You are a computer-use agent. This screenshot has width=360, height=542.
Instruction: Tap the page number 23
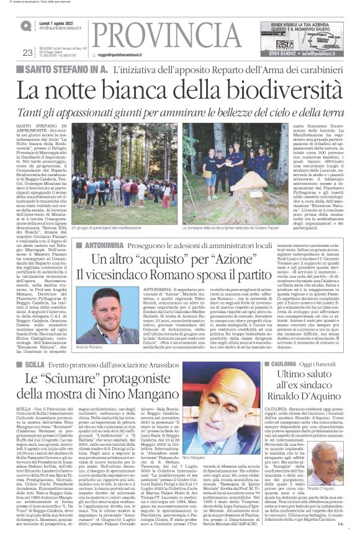pos(27,52)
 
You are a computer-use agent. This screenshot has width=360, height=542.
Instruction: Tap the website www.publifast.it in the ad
pos(330,53)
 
